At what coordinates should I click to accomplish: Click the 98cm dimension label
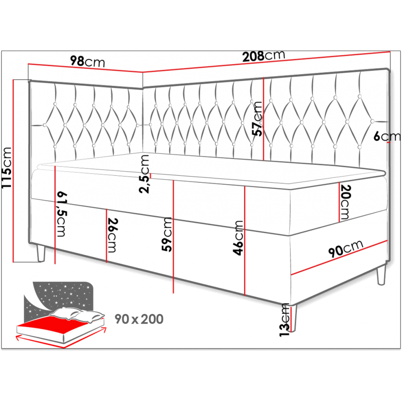pos(88,62)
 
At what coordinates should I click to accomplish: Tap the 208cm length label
pos(264,56)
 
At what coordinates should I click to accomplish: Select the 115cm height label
pos(7,168)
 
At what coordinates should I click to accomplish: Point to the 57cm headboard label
pos(257,119)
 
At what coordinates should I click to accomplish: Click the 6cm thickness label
pos(387,136)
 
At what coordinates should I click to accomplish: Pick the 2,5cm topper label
pos(144,174)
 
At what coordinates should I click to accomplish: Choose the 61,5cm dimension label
pos(61,214)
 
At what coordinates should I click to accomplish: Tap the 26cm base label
pos(112,235)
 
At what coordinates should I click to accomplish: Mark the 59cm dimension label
pos(167,234)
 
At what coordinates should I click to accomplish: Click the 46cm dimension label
pos(238,238)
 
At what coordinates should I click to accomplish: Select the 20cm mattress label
pos(345,202)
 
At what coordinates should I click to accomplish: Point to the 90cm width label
pos(346,248)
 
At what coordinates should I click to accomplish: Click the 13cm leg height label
pos(285,320)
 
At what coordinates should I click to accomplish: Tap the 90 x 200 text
pos(139,319)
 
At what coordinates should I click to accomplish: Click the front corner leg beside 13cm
pos(294,318)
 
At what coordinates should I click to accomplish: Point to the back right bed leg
pos(381,275)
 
